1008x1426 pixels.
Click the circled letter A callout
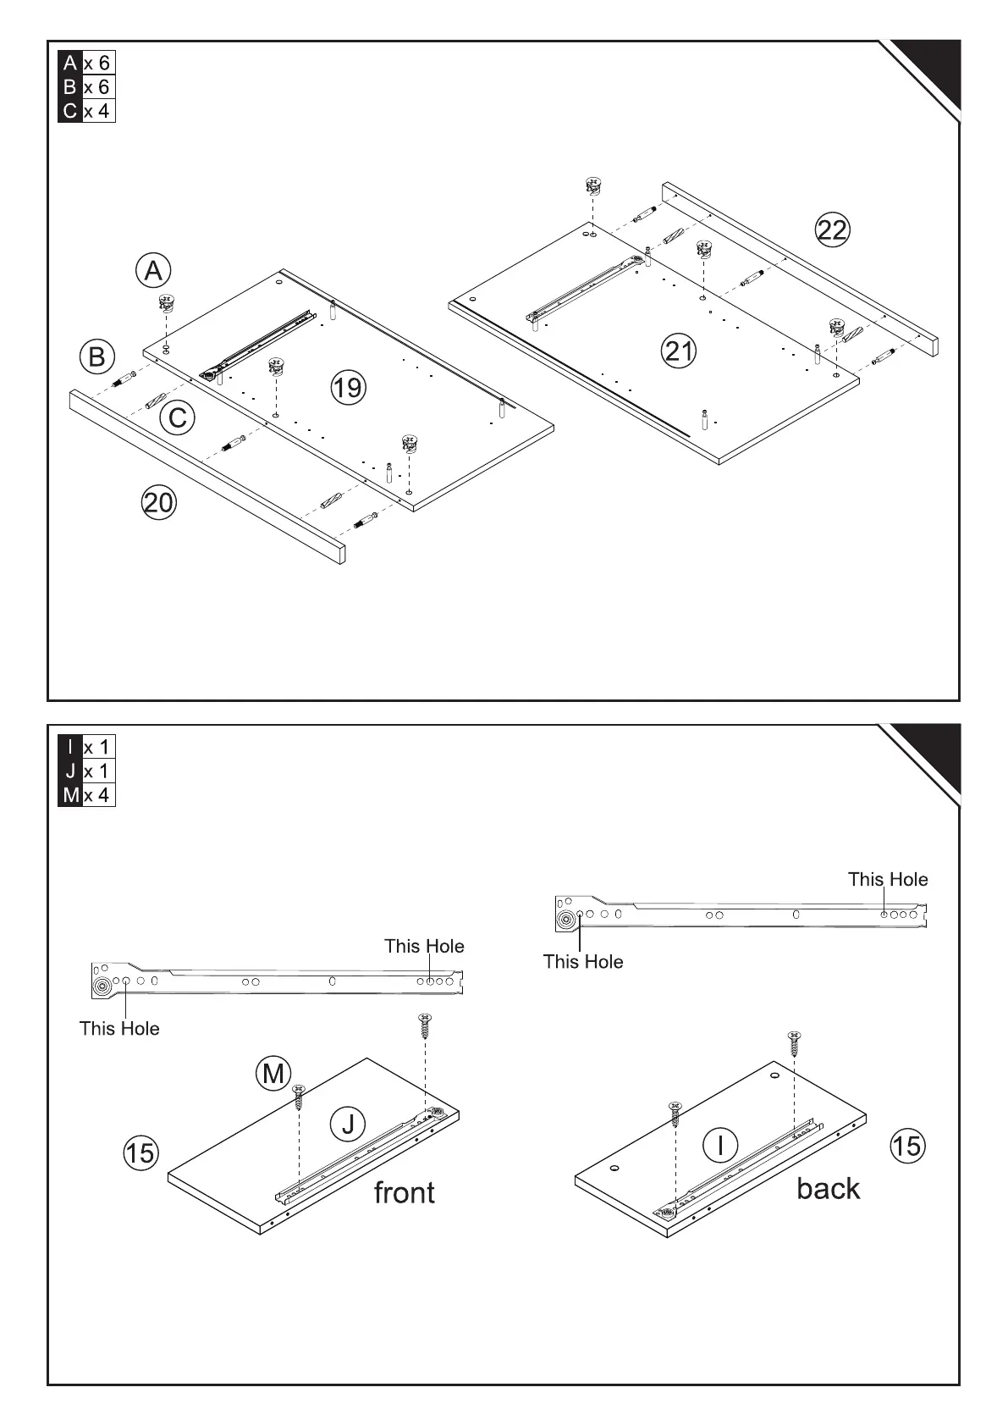tap(153, 271)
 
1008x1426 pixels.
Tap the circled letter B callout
tap(97, 356)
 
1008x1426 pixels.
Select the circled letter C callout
tap(178, 418)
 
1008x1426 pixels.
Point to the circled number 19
tap(347, 388)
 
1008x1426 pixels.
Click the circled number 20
tap(158, 503)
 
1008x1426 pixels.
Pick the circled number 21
tap(679, 351)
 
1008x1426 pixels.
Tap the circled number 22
tap(832, 230)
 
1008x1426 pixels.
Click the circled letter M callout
tap(273, 1074)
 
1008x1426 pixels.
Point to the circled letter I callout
tap(720, 1145)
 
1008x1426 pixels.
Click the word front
tap(405, 1192)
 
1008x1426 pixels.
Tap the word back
tap(828, 1188)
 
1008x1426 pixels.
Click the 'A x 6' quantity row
tap(86, 64)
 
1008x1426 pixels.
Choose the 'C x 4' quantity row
tap(86, 111)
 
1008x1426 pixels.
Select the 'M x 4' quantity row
tap(86, 795)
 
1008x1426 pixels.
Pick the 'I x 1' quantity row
tap(86, 747)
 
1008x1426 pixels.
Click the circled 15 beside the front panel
tap(140, 1152)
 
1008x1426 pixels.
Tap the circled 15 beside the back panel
tap(906, 1146)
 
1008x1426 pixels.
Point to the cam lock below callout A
tap(166, 303)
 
